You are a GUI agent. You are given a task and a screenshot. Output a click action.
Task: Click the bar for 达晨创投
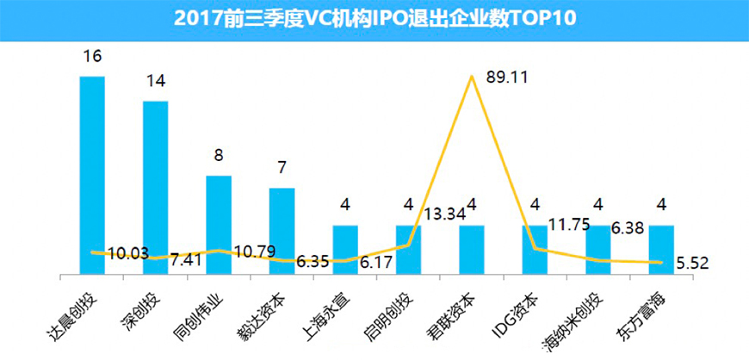[x=92, y=172]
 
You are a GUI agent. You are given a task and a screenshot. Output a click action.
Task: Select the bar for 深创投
[x=155, y=185]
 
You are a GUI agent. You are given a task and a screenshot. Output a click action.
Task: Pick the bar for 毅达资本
[x=282, y=228]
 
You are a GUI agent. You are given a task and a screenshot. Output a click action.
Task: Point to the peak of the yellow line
[x=472, y=77]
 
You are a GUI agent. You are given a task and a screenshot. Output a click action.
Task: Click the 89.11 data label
[x=507, y=77]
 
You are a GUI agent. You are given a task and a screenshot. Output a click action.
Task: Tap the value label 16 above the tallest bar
[x=92, y=57]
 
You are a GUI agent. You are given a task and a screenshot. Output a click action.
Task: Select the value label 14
[x=155, y=82]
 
